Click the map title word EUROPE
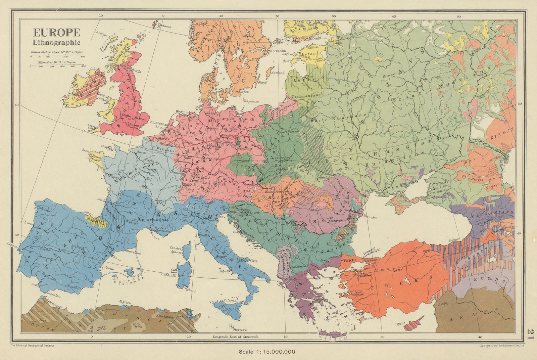(56, 33)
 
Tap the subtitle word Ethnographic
(56, 42)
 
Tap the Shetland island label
(164, 27)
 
